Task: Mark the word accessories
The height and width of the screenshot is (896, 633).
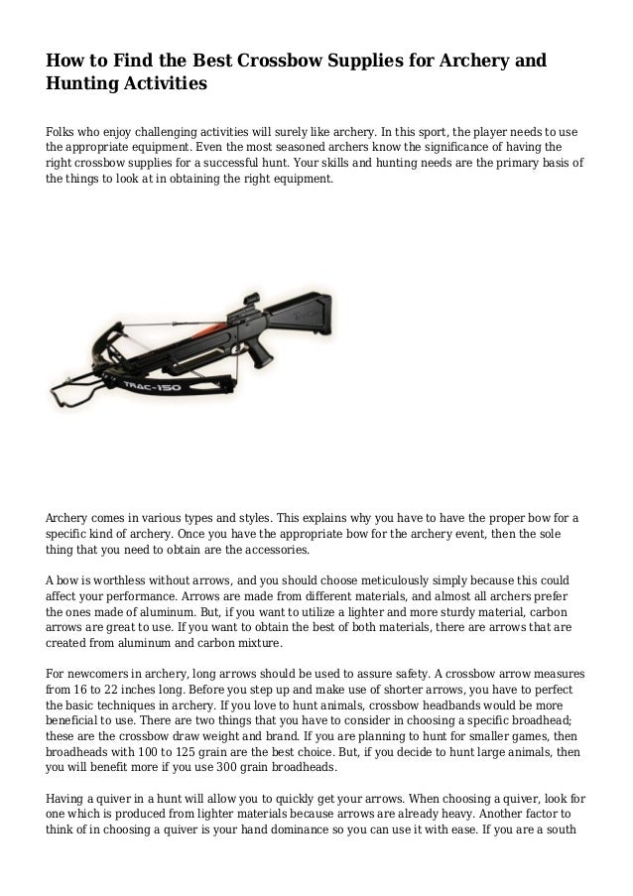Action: [268, 549]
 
